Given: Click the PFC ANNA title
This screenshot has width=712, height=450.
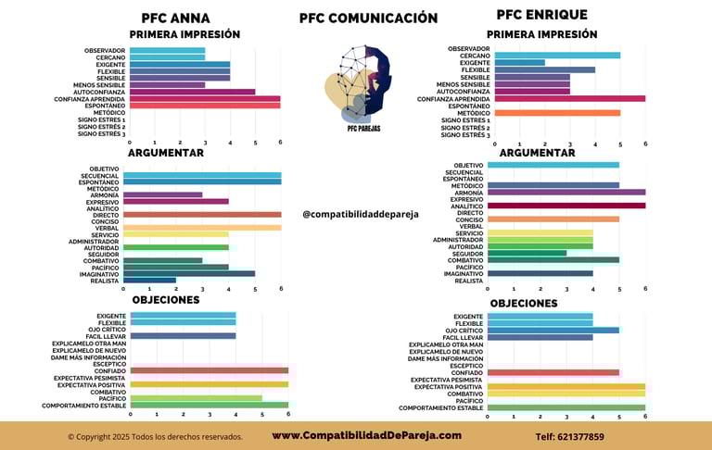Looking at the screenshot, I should click(x=175, y=18).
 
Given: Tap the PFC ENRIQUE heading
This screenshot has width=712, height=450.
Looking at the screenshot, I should click(x=541, y=15).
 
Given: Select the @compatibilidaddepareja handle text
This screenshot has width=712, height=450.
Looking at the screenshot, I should click(x=361, y=214).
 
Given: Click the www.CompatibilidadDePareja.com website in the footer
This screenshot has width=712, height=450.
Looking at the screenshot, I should click(x=366, y=435).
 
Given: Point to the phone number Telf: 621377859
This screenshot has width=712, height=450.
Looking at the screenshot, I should click(x=569, y=436).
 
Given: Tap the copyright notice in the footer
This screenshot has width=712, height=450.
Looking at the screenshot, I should click(x=155, y=436).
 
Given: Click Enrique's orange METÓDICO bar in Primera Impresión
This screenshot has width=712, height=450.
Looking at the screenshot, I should click(x=556, y=113).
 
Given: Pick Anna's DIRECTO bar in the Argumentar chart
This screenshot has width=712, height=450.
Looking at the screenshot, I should click(x=201, y=214).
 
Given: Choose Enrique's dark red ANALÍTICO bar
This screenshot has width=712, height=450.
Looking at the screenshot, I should click(x=566, y=206).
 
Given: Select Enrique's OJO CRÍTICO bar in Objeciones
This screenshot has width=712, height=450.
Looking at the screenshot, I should click(x=553, y=330).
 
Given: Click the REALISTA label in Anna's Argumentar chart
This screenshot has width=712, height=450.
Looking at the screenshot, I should click(x=105, y=281).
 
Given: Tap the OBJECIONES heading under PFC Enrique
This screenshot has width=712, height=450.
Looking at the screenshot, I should click(x=524, y=303).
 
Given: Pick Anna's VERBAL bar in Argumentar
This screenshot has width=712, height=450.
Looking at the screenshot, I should click(x=201, y=228).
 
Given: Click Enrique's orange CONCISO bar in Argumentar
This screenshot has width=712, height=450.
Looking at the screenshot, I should click(x=553, y=219).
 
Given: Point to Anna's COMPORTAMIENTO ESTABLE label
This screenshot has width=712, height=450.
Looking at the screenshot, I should click(x=84, y=406).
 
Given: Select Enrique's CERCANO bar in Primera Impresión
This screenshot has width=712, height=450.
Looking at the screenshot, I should click(x=556, y=56).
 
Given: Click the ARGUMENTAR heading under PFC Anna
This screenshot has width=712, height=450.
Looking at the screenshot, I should click(x=166, y=153).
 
